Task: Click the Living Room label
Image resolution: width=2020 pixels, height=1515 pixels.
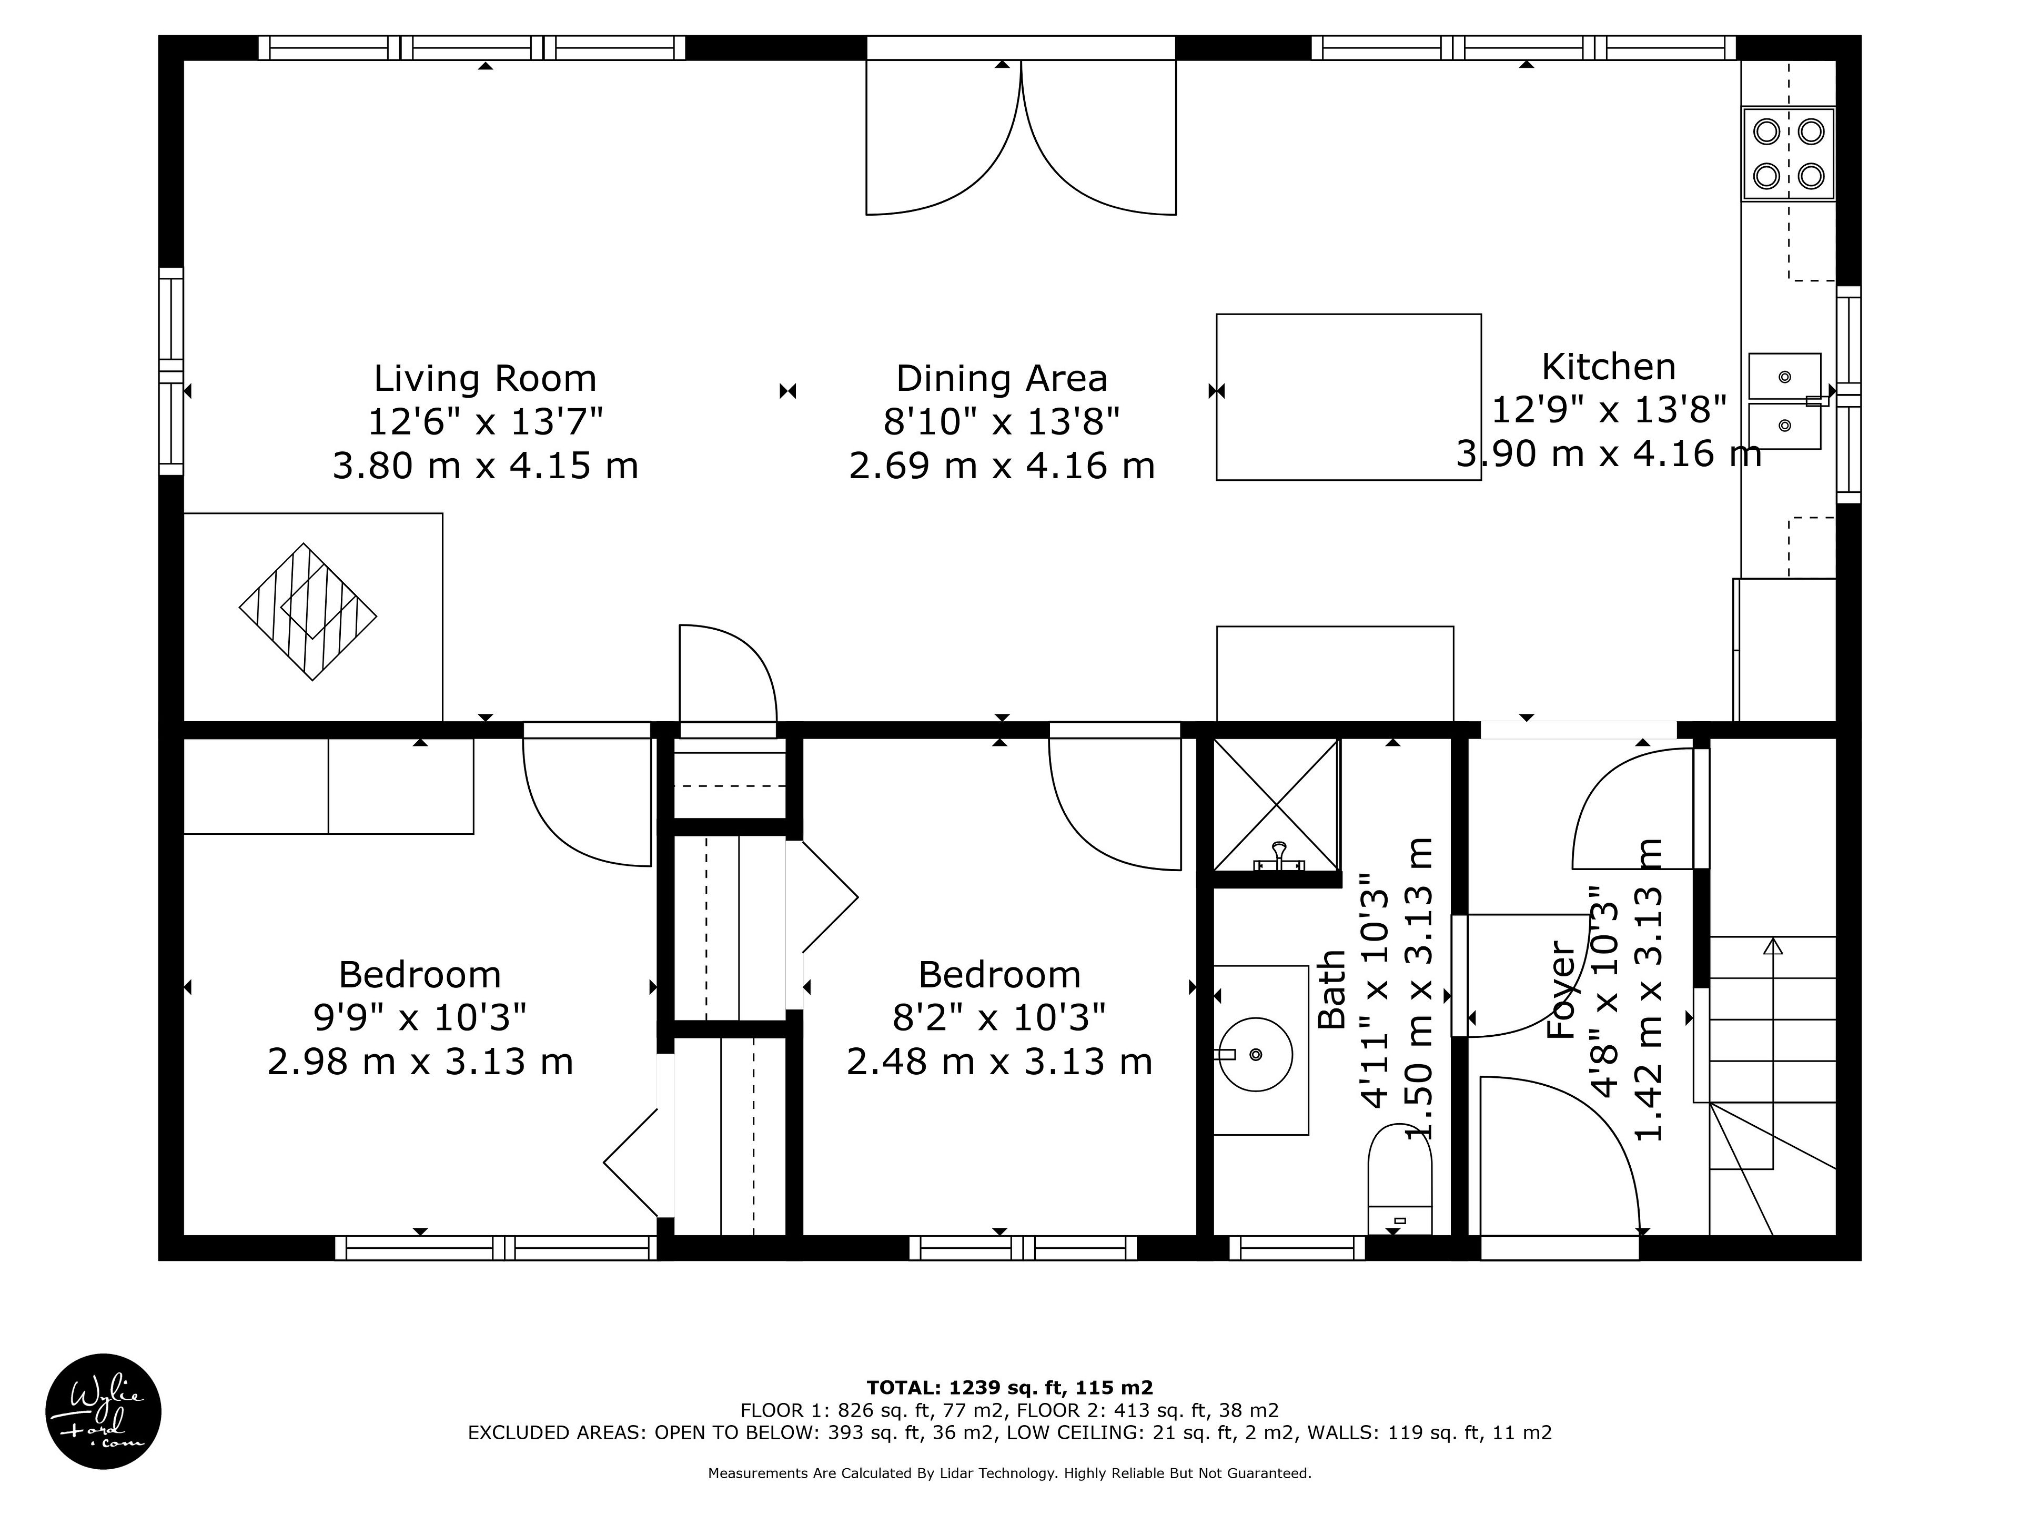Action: coord(485,378)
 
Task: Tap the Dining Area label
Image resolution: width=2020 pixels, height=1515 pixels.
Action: coord(1002,378)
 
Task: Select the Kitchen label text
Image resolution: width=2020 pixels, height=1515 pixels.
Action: coord(1608,367)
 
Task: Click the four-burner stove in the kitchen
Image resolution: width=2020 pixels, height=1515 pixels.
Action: coord(1788,154)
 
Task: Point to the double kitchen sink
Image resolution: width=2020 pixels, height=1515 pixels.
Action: coord(1784,401)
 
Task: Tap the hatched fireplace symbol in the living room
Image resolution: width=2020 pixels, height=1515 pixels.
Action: coord(308,612)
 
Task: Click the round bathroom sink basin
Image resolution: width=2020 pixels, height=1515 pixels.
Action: coord(1256,1055)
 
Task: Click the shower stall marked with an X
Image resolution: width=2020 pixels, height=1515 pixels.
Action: coord(1276,804)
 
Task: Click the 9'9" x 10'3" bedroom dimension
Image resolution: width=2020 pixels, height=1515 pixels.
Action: coord(420,1017)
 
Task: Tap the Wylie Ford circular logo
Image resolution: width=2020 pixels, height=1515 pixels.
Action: coord(103,1411)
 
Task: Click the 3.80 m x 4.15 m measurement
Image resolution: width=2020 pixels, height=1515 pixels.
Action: coord(485,466)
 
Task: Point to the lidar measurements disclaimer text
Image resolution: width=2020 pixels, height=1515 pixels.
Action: coord(1010,1473)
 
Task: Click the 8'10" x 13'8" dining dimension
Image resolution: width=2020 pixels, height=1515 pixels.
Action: coord(1002,422)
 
